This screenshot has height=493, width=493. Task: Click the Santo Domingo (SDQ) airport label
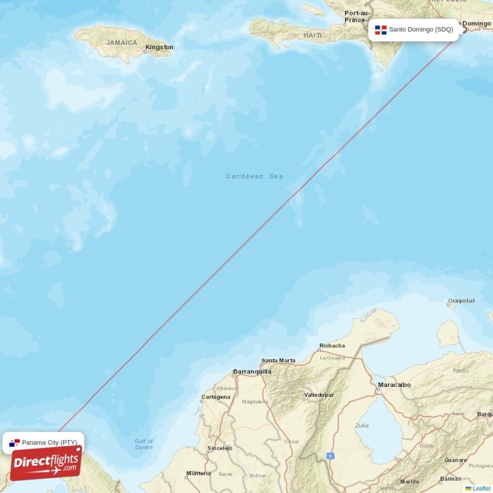[x=420, y=30]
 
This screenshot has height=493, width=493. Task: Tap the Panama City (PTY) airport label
[x=49, y=442]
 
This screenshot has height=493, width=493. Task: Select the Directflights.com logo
[x=46, y=462]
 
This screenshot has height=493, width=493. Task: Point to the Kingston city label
[x=159, y=47]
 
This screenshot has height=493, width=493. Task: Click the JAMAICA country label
[x=121, y=43]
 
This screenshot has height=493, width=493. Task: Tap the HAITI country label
[x=312, y=36]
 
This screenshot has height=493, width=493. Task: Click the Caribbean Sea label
[x=255, y=177]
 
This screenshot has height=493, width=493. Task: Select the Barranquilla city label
[x=252, y=372]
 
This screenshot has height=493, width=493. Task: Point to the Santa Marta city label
[x=278, y=361]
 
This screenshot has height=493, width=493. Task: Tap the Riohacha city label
[x=332, y=346]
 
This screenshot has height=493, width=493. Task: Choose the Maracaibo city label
[x=394, y=385]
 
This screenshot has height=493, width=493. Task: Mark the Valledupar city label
[x=319, y=394]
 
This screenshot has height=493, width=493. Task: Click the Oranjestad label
[x=462, y=301]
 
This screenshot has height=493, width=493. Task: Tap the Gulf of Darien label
[x=144, y=444]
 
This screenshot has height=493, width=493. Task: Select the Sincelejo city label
[x=220, y=448]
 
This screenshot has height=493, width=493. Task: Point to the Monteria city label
[x=198, y=473]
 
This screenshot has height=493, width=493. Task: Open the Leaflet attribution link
[x=481, y=489]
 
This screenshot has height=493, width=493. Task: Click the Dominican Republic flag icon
[x=381, y=30]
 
